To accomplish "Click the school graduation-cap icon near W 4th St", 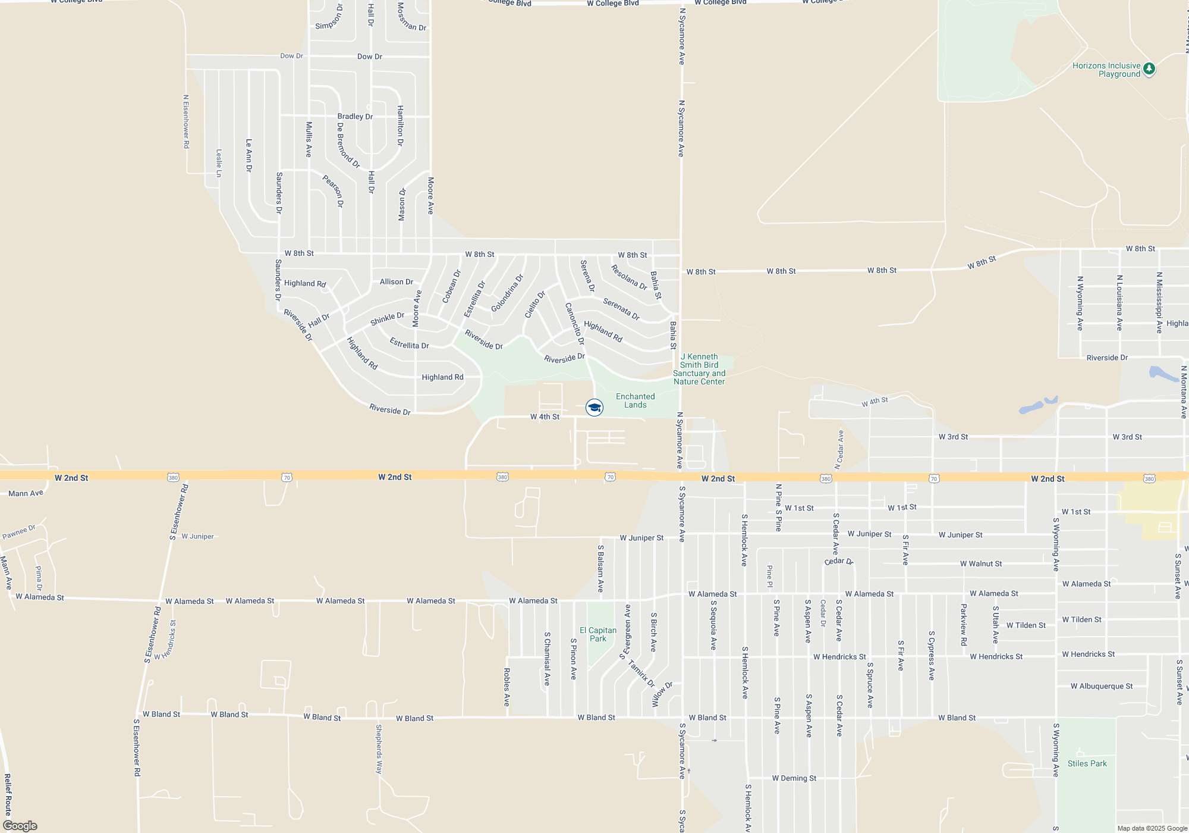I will point(594,408).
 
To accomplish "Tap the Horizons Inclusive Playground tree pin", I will point(1149,69).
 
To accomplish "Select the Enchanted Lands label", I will point(635,400).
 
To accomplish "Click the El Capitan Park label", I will point(598,634).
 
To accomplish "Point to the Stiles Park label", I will point(1087,763).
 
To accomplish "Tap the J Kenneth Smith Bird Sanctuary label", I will point(699,369).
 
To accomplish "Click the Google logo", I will point(20,826).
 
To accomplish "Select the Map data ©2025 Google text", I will point(1152,828).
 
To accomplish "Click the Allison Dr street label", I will point(396,281).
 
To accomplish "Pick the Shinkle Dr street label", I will point(387,319).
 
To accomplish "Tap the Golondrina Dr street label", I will point(507,293).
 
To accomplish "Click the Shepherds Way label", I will point(379,749).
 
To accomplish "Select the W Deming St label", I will point(794,778).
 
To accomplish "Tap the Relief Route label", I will point(8,794).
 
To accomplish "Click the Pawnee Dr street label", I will point(19,531).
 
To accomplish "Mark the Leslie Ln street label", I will point(219,163).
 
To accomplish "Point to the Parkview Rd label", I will point(964,625).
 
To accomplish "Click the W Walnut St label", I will point(981,563).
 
